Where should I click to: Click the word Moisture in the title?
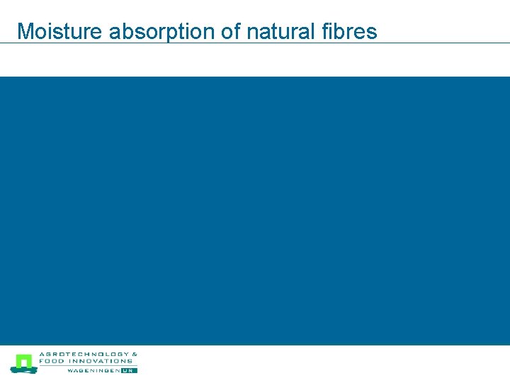pos(60,31)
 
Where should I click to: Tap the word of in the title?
pos(230,31)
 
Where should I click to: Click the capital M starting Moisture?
pos(25,31)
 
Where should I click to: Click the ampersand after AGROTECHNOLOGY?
pos(135,354)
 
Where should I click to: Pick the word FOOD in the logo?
pos(50,360)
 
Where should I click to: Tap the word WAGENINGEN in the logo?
pos(93,370)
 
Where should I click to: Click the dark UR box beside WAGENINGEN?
pos(129,370)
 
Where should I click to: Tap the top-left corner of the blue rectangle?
pos(1,77)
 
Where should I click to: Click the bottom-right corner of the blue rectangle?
pos(509,344)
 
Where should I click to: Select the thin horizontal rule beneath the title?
pos(255,43)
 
